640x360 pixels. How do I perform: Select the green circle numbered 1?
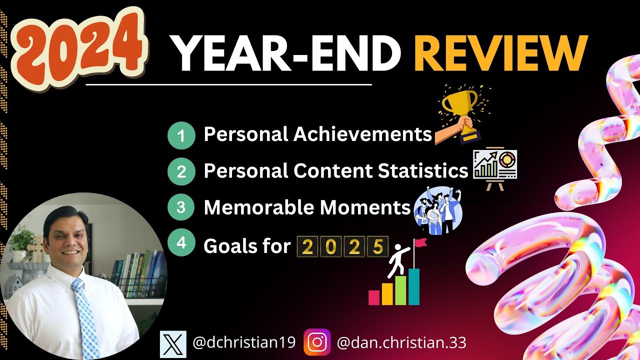coord(181,135)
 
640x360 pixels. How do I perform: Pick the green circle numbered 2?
coord(181,172)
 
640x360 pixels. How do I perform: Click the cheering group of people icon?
coord(438,209)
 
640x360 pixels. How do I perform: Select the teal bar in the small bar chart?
coord(414,287)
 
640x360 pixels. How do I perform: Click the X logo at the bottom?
coord(173,343)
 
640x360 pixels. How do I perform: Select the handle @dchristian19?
coord(244,343)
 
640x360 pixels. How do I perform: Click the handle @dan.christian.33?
coord(401,343)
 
